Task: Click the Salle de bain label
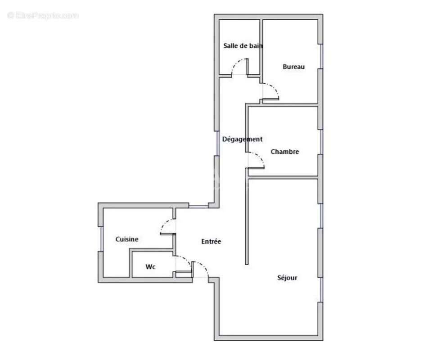(243, 46)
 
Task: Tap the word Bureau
(294, 67)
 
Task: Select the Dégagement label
(242, 139)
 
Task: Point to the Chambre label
(284, 152)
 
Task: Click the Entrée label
(211, 242)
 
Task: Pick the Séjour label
(287, 278)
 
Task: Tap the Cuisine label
(127, 239)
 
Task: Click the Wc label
(150, 267)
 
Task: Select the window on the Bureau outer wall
(321, 56)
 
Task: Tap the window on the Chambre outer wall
(321, 142)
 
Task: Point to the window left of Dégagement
(217, 143)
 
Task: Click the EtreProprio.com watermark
(43, 16)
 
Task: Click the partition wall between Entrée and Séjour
(247, 220)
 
